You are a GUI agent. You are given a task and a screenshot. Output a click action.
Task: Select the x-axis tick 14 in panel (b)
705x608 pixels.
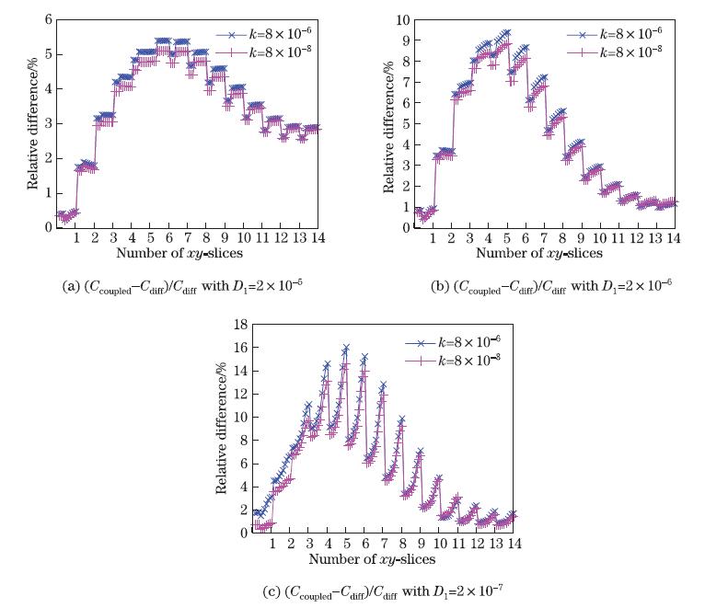point(674,238)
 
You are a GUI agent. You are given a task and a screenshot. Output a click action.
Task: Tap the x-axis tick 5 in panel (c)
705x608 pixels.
point(346,544)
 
